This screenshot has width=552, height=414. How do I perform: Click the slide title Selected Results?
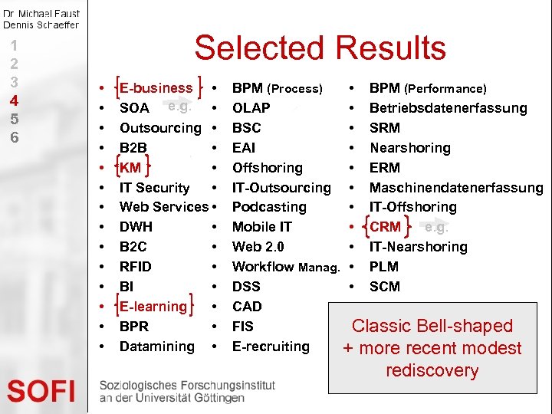click(320, 48)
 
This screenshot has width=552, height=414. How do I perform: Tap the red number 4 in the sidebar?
click(14, 100)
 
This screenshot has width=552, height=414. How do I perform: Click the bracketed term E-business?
click(156, 88)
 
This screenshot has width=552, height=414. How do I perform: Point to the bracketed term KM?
click(130, 167)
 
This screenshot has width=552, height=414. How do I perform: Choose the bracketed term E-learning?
click(153, 307)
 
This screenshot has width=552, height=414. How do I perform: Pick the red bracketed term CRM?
click(385, 227)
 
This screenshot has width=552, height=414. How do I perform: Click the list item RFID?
click(136, 267)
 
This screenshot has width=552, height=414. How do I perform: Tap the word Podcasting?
click(269, 207)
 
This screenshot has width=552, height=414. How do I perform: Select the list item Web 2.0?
click(258, 247)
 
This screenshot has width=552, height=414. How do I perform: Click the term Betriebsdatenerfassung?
click(448, 108)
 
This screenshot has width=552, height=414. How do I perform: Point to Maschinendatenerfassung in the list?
click(456, 188)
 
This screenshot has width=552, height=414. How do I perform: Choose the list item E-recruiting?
click(271, 347)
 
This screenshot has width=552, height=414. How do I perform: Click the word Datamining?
click(157, 347)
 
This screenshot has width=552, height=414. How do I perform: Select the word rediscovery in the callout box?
click(432, 371)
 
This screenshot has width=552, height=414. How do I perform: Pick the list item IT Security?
click(154, 188)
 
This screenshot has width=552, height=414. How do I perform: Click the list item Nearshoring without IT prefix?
click(410, 148)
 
